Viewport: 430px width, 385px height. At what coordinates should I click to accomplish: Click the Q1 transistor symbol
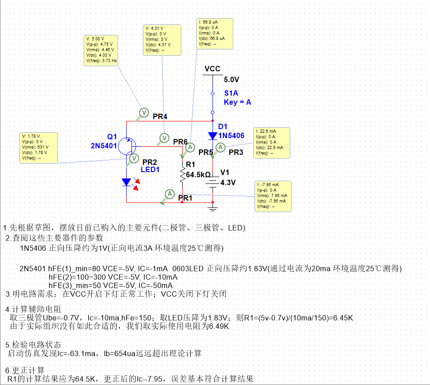pyautogui.click(x=129, y=147)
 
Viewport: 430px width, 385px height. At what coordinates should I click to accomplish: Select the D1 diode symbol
pyautogui.click(x=213, y=135)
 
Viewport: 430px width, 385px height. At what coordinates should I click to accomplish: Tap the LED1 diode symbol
pyautogui.click(x=127, y=182)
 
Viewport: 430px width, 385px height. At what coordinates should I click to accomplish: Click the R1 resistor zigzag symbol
pyautogui.click(x=182, y=174)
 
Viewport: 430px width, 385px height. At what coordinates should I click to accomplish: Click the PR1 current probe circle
pyautogui.click(x=170, y=194)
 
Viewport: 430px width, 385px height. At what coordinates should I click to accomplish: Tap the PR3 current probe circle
pyautogui.click(x=220, y=147)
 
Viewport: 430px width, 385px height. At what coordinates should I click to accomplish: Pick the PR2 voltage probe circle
pyautogui.click(x=134, y=158)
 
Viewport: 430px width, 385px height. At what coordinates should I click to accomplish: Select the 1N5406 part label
pyautogui.click(x=232, y=136)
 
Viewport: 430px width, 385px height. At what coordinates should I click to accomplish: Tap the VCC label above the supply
pyautogui.click(x=213, y=69)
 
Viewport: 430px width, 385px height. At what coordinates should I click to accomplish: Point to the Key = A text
pyautogui.click(x=237, y=102)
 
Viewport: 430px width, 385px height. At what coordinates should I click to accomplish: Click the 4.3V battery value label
pyautogui.click(x=228, y=183)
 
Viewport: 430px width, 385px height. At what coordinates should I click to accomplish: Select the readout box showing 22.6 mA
pyautogui.click(x=272, y=143)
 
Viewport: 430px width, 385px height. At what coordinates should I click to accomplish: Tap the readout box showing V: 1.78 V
pyautogui.click(x=39, y=148)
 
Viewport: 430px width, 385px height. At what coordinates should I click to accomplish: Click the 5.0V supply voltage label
pyautogui.click(x=232, y=80)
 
